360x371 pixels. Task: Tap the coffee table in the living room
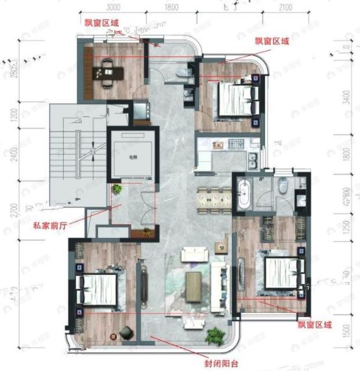pos(194,284)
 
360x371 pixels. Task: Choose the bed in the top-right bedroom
pos(233,100)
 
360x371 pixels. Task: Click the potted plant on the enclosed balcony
pos(214,335)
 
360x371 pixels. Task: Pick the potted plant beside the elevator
pos(117,189)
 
